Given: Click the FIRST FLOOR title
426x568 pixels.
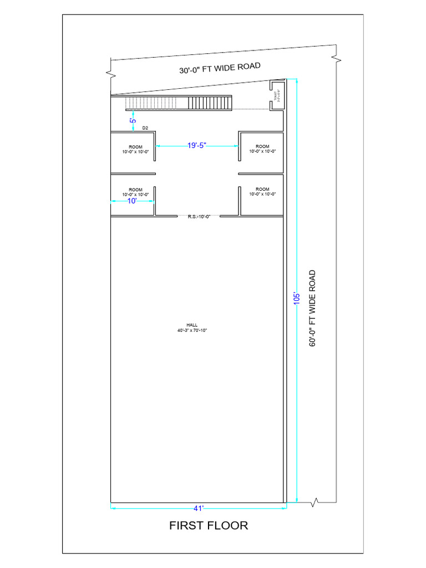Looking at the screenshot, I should (x=209, y=525).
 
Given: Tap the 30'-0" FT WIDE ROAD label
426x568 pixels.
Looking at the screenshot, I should (x=220, y=69).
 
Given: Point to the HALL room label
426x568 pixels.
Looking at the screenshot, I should (x=191, y=325).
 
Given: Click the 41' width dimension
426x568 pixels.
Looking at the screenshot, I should (x=199, y=508).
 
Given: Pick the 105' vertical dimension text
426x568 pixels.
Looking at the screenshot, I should (x=297, y=299).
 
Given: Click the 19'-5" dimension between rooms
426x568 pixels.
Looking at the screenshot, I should (x=196, y=146).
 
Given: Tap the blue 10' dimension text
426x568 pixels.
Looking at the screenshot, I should (x=132, y=201).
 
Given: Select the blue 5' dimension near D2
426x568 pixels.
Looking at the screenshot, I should (x=133, y=120).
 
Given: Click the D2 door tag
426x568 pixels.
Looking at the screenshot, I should (x=145, y=128).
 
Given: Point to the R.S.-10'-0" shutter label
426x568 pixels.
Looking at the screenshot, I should (x=199, y=216).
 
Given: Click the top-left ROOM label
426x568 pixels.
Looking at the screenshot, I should (x=135, y=147).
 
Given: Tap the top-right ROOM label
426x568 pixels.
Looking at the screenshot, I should (x=262, y=146).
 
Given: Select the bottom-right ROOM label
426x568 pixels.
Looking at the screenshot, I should (x=262, y=190).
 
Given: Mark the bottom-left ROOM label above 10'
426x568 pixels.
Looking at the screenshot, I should (x=135, y=190).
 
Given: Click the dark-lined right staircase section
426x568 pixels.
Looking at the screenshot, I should (x=209, y=103).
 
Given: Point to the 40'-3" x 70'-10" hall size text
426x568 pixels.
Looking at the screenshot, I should (x=191, y=331).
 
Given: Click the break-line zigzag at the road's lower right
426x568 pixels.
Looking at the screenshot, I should (x=315, y=502).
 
